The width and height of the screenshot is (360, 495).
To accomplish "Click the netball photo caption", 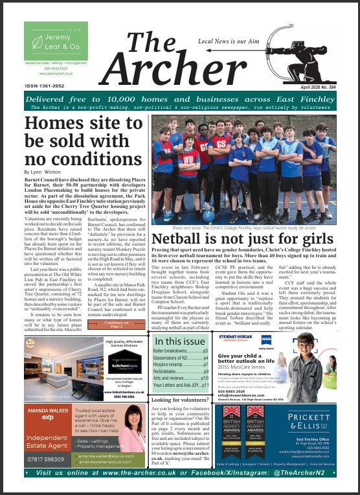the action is tap(243, 228).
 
